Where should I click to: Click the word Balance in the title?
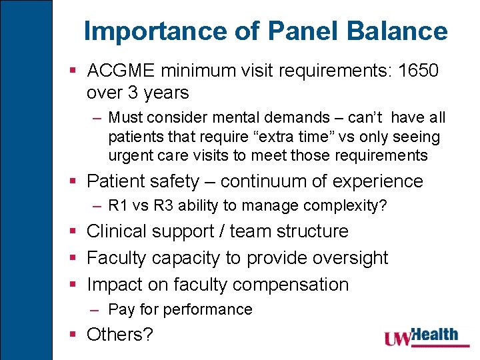tap(405, 31)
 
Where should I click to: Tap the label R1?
tap(118, 206)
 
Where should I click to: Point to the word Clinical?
tap(119, 231)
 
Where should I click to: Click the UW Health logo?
tap(421, 337)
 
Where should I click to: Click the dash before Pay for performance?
tap(97, 309)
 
